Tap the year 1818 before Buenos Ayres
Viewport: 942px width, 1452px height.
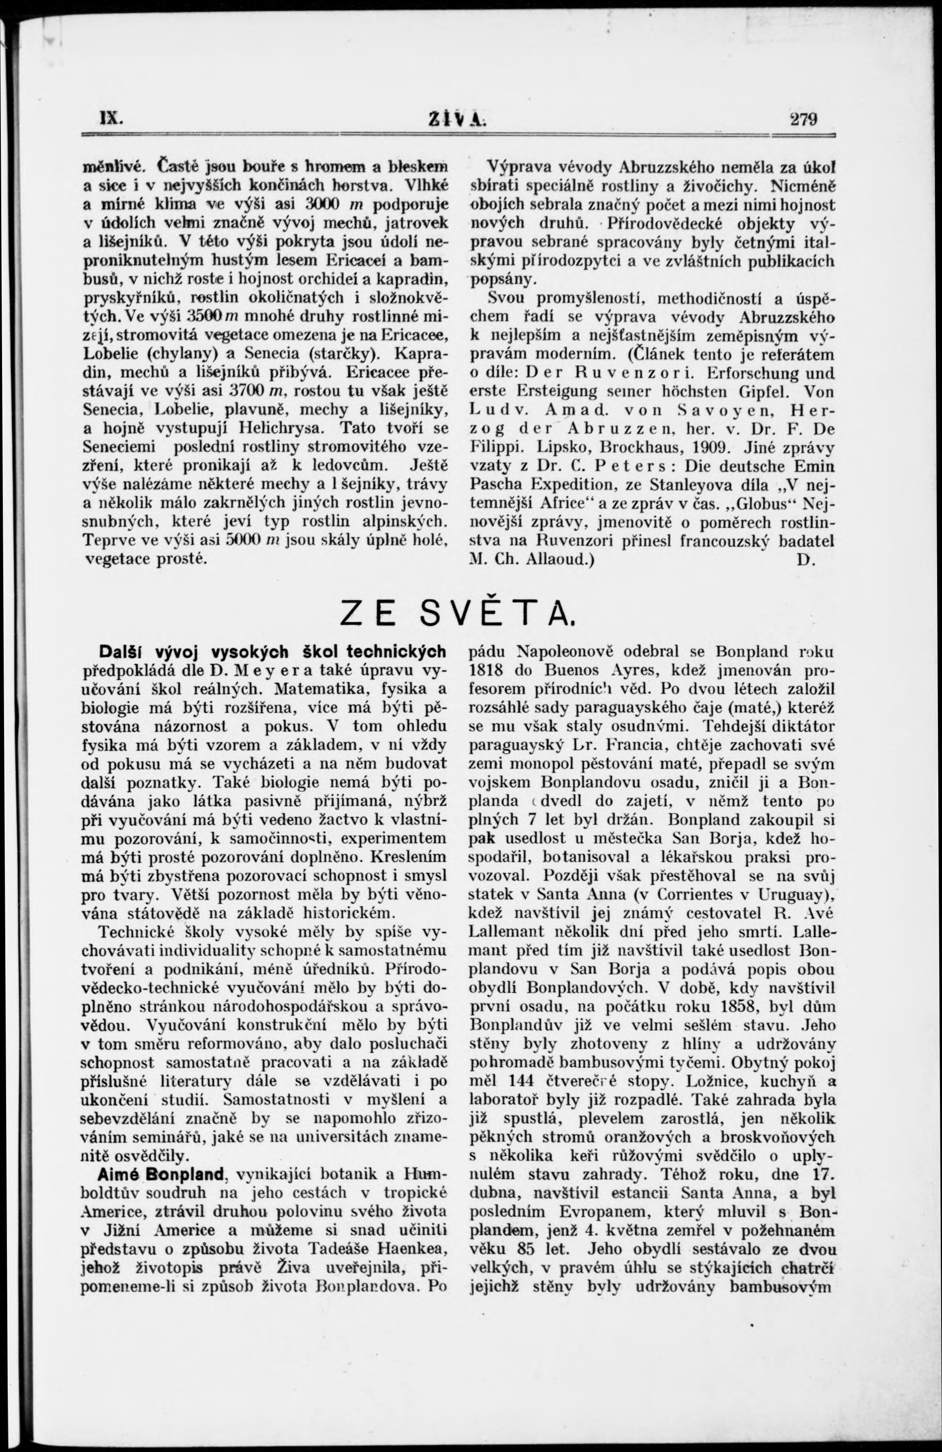(486, 670)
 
